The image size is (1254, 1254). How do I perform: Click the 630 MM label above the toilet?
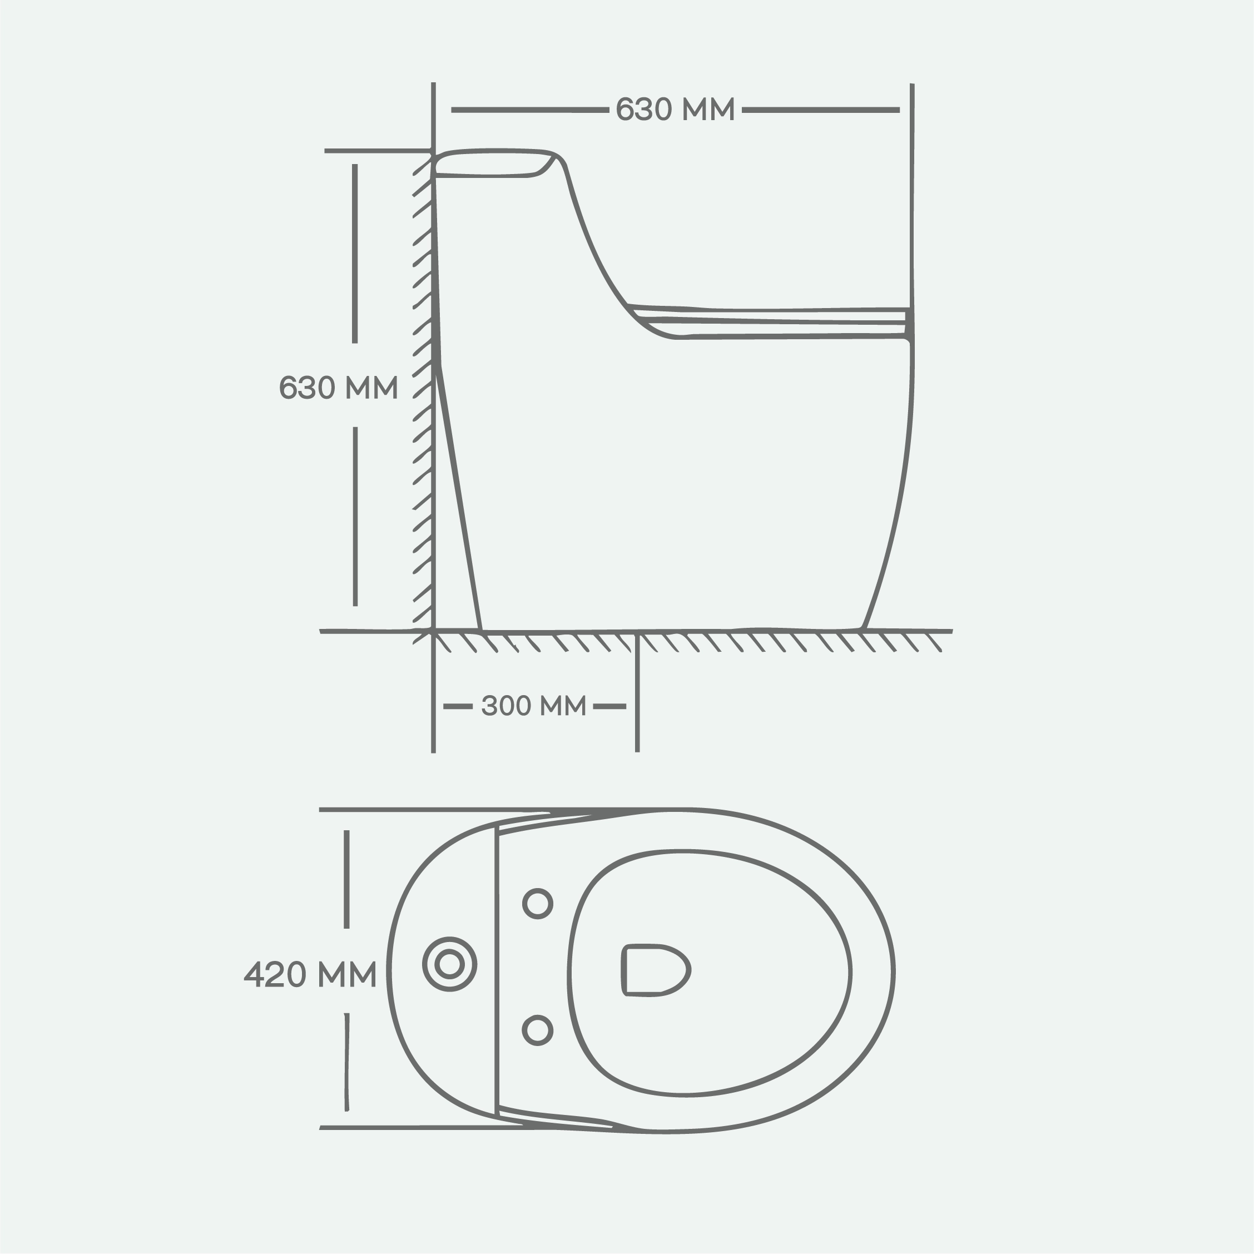click(675, 109)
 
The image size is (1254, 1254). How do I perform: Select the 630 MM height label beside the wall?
click(338, 388)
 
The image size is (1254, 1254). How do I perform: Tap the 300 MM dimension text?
click(533, 706)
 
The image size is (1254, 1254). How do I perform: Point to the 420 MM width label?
click(310, 974)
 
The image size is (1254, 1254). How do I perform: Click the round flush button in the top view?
click(449, 964)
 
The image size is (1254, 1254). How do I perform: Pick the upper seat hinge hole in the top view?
click(537, 904)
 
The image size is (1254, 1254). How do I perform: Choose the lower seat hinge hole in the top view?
click(537, 1030)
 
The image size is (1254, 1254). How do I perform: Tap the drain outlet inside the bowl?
click(655, 970)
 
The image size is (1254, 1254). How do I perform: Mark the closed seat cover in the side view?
click(769, 322)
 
